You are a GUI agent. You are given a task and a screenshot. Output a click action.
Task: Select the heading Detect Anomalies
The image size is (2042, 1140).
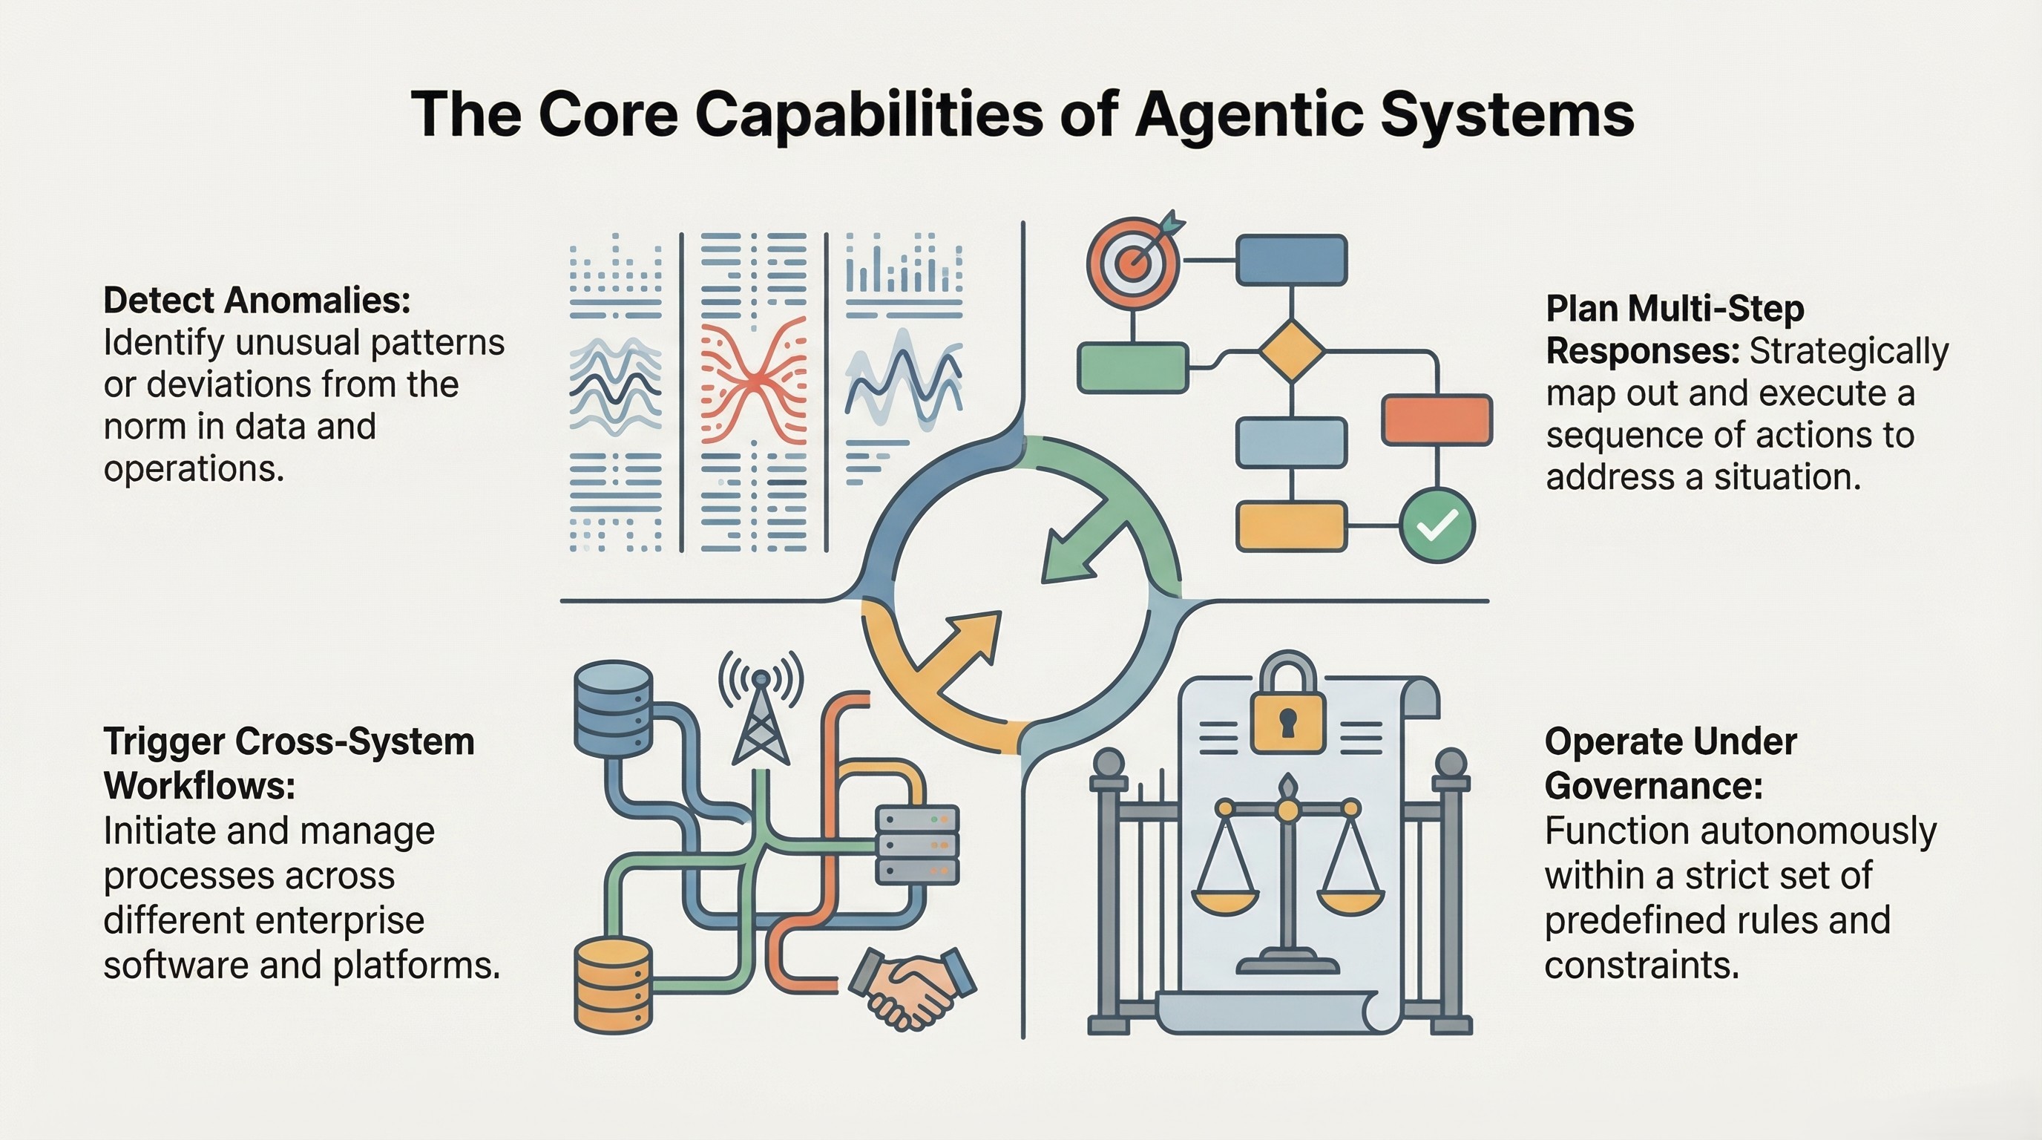[x=257, y=301]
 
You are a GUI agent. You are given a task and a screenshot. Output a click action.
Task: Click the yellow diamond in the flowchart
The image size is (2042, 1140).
[x=1292, y=350]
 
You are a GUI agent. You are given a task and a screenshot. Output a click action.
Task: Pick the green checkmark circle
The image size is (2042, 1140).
[x=1437, y=525]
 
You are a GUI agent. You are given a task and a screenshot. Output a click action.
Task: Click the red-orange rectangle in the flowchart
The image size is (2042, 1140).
[x=1437, y=420]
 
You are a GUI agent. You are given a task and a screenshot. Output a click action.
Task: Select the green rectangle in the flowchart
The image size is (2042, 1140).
[x=1133, y=368]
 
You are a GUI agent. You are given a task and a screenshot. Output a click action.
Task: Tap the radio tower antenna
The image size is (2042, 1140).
[x=761, y=718]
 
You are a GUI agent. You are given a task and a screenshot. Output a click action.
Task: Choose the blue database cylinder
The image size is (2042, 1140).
[x=613, y=708]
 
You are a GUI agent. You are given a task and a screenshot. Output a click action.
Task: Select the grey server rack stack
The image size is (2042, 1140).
[x=917, y=845]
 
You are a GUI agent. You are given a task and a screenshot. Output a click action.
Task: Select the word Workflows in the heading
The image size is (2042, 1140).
[x=199, y=787]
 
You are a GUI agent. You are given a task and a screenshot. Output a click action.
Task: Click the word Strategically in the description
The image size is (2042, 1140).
[x=1848, y=351]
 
